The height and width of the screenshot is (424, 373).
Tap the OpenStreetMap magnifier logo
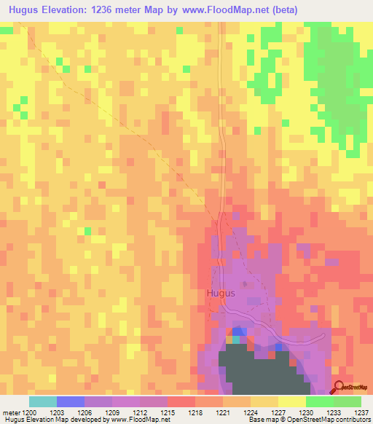click(x=339, y=388)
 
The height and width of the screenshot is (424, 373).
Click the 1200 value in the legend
click(x=30, y=412)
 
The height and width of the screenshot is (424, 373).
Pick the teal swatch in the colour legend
click(x=43, y=401)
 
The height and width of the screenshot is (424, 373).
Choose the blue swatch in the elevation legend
click(x=71, y=401)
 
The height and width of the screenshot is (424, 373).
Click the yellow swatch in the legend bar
click(x=292, y=401)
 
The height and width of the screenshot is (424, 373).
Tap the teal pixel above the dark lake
click(x=235, y=339)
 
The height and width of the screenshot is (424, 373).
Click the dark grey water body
click(x=255, y=372)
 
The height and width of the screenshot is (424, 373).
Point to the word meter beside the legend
click(x=10, y=412)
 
